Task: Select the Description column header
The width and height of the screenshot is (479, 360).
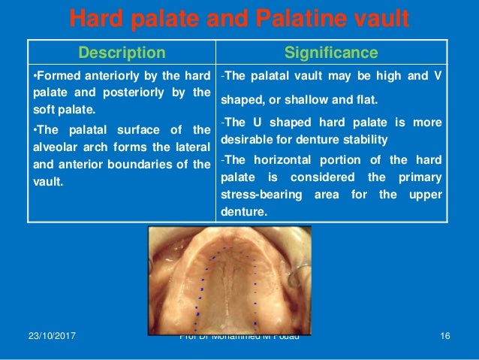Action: (x=122, y=53)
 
